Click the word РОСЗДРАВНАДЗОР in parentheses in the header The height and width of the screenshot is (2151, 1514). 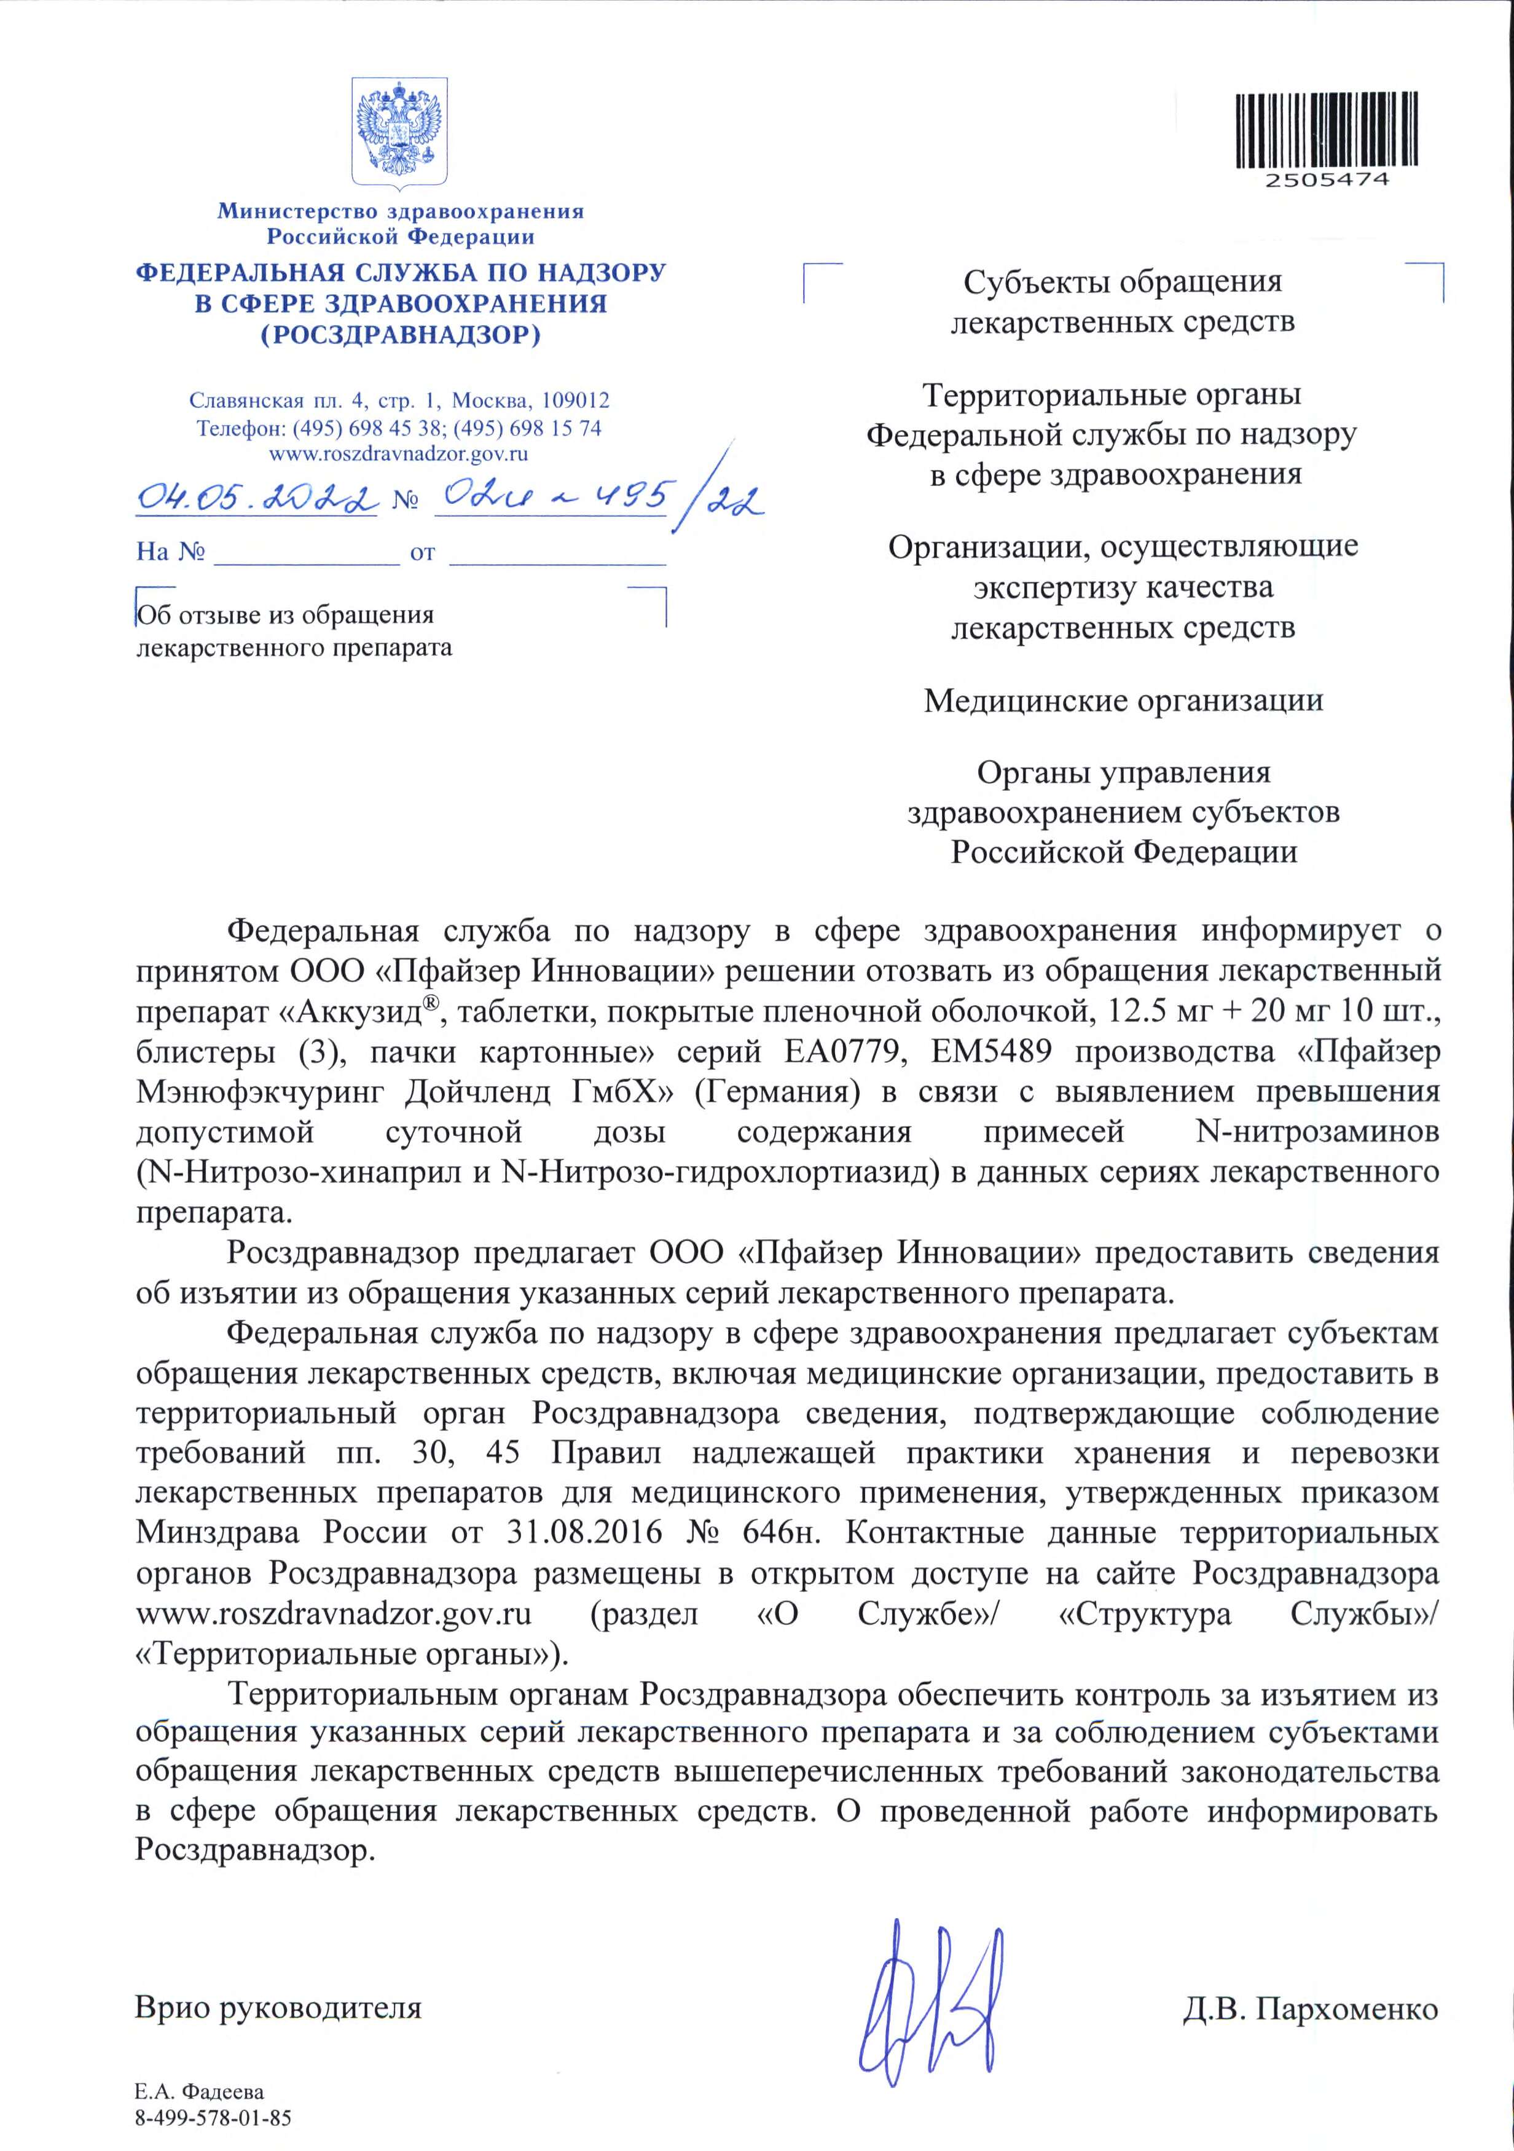(400, 334)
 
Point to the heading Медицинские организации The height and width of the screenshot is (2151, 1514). (1123, 701)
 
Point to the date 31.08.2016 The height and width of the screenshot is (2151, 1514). (584, 1534)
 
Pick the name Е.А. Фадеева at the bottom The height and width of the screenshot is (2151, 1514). (200, 2092)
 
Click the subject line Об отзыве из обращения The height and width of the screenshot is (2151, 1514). (286, 616)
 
